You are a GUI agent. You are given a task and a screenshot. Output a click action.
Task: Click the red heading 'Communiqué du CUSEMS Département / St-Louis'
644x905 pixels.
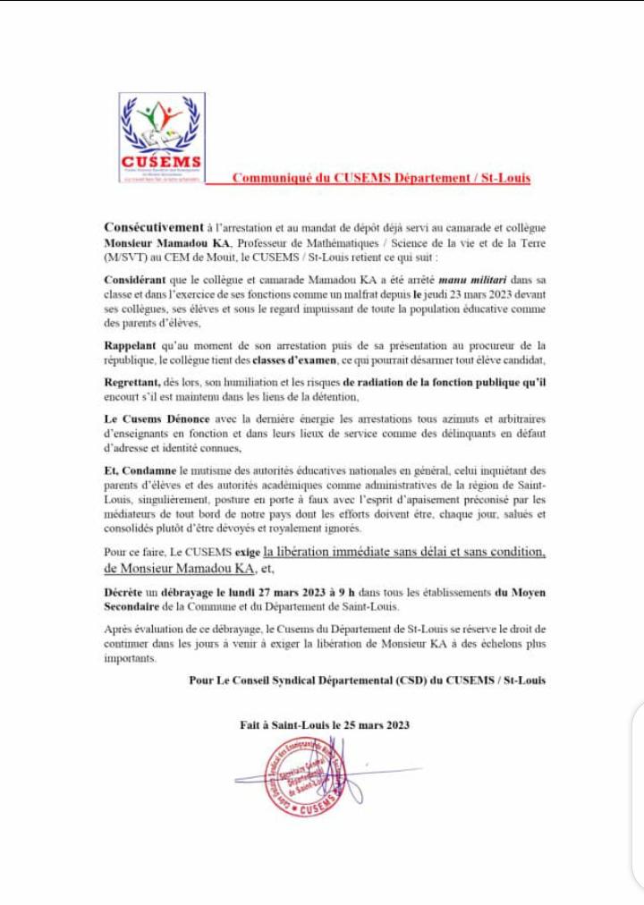(381, 177)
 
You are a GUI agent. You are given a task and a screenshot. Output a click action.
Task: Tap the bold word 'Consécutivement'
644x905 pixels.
(153, 227)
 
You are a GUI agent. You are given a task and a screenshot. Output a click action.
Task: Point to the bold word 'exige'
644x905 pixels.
(248, 553)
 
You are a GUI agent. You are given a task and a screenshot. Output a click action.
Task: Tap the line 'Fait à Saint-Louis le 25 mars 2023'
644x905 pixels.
(325, 725)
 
